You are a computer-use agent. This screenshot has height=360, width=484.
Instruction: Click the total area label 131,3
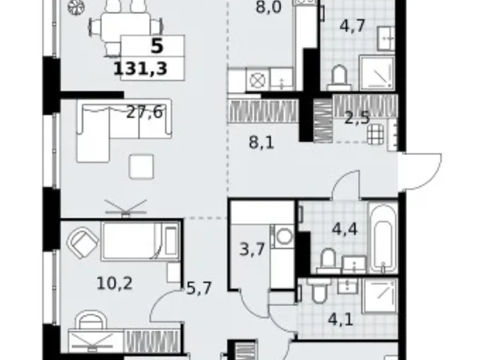click(141, 68)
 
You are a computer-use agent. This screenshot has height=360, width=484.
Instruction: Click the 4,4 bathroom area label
click(344, 229)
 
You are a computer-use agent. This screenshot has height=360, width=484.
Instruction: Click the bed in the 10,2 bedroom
click(140, 241)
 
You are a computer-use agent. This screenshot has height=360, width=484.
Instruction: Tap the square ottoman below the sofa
click(141, 166)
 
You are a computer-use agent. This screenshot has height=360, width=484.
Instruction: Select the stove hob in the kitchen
click(256, 79)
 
